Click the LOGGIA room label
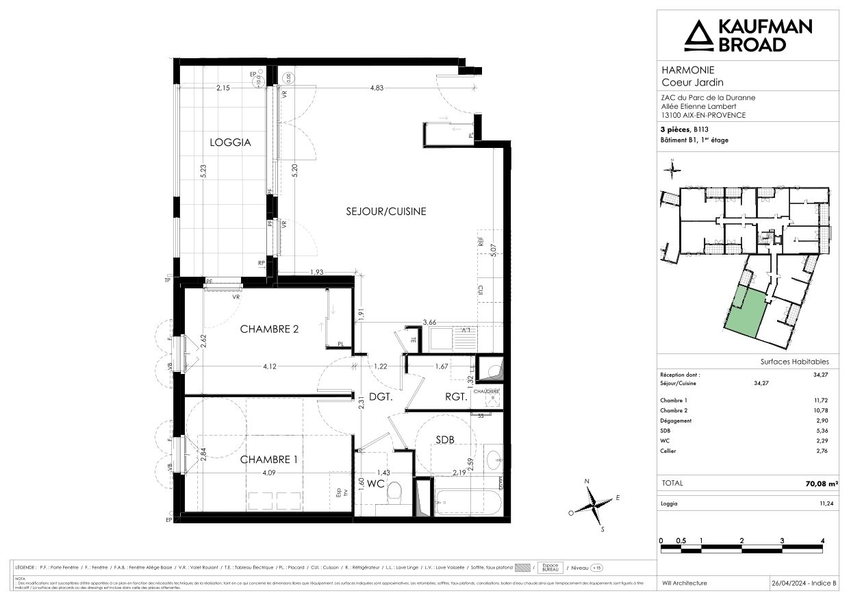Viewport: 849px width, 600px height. coord(230,143)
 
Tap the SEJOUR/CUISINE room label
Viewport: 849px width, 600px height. coord(385,212)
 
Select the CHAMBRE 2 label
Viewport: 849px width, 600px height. coord(269,329)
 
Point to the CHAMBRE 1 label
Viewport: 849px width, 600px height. coord(268,460)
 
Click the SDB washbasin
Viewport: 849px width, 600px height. coord(493,459)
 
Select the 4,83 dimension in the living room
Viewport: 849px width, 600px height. coord(377,88)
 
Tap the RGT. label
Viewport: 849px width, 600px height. coord(455,396)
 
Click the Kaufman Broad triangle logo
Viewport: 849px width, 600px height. coord(698,36)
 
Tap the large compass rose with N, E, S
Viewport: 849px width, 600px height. coord(593,507)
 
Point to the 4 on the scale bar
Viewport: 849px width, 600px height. coord(822,540)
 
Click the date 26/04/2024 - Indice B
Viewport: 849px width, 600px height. coord(803,583)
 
